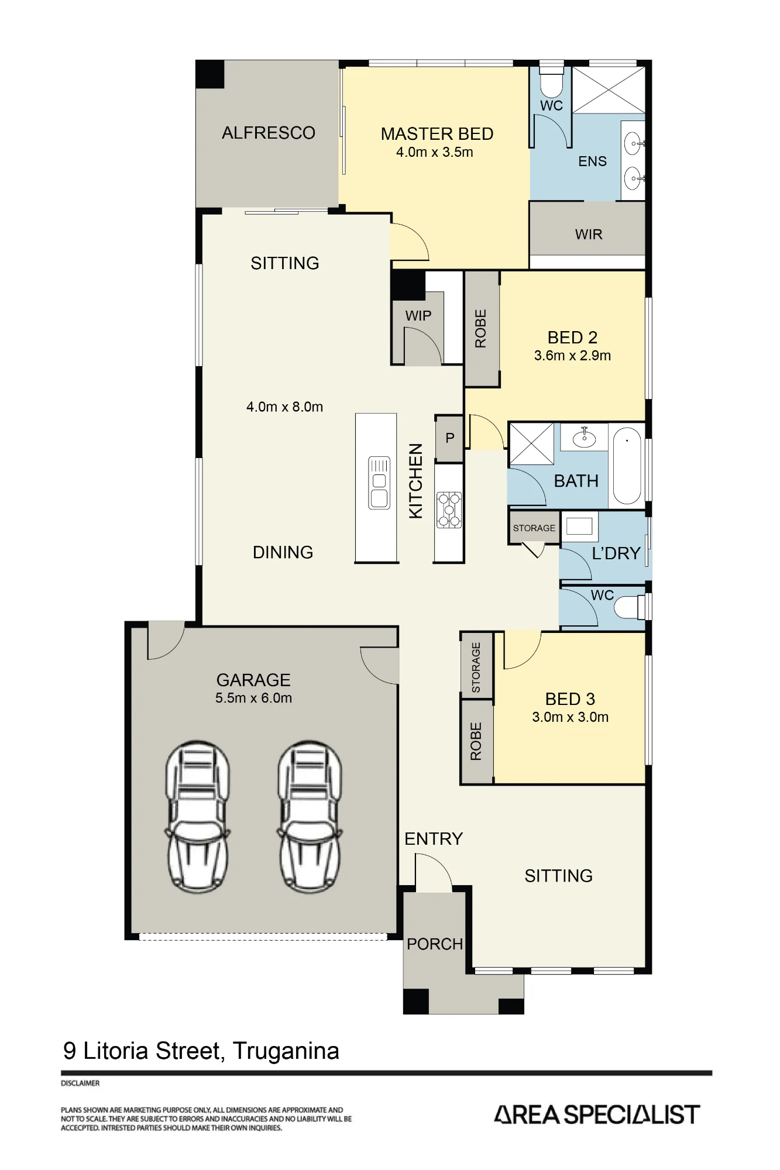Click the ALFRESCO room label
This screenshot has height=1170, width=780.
point(269,133)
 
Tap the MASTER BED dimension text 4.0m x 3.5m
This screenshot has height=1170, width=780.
point(435,152)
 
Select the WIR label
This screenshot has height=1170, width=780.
point(589,235)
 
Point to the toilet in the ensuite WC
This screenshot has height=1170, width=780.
point(551,81)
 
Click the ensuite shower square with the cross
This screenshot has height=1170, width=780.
point(609,90)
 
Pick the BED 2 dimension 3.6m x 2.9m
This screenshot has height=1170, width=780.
point(572,356)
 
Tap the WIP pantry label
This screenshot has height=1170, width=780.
point(418,316)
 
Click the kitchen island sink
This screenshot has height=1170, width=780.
point(379,483)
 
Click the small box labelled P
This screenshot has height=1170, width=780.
point(449,438)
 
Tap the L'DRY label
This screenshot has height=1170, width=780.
point(616,553)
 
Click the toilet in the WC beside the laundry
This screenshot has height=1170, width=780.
point(631,607)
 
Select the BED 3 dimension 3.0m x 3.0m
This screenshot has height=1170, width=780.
point(571,717)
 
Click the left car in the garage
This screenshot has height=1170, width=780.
point(197,817)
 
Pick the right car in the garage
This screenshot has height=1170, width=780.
point(310,817)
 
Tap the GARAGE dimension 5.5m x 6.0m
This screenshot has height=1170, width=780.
point(253,698)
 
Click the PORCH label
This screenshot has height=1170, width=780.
point(435,944)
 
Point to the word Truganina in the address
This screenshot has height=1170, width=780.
point(286,1051)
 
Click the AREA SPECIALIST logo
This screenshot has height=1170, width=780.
point(597,1114)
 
